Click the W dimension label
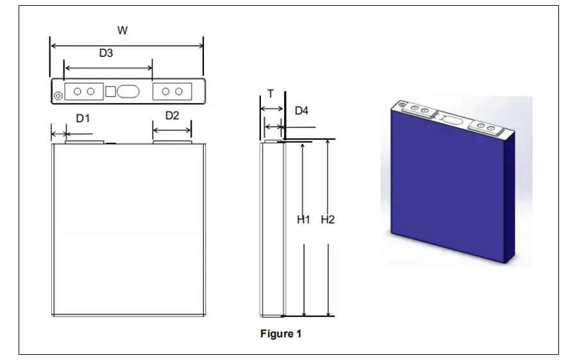pyautogui.click(x=122, y=30)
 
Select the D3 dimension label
pyautogui.click(x=106, y=53)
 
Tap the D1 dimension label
pyautogui.click(x=83, y=118)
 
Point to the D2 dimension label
pyautogui.click(x=172, y=115)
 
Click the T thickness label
pyautogui.click(x=271, y=94)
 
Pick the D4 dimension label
pyautogui.click(x=301, y=110)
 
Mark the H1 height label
pyautogui.click(x=304, y=220)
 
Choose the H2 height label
pyautogui.click(x=328, y=220)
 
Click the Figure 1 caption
pyautogui.click(x=281, y=334)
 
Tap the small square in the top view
pyautogui.click(x=110, y=92)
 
